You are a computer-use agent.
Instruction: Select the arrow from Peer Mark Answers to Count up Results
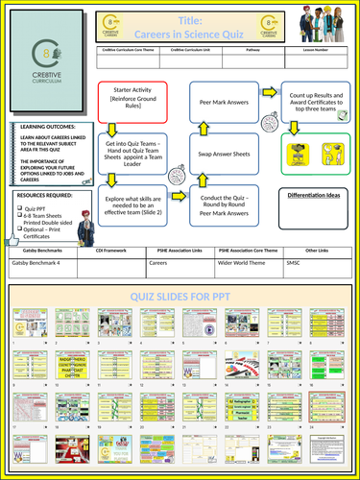[x=266, y=96]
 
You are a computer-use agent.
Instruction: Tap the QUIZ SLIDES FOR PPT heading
[x=180, y=296]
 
